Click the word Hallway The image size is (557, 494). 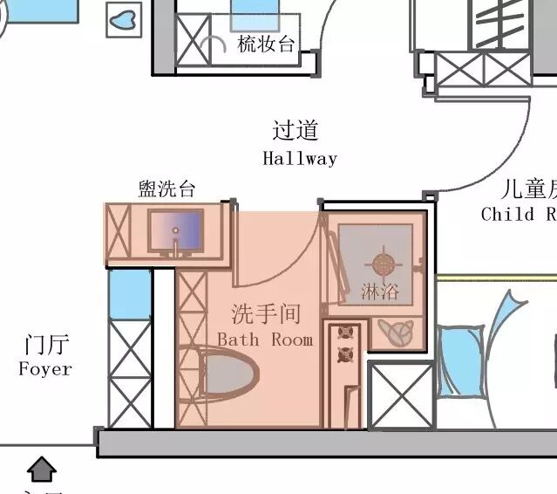(299, 159)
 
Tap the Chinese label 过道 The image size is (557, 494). (295, 131)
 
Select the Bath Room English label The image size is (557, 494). (264, 340)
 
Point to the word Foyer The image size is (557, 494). (45, 369)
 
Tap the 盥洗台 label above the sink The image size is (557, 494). (166, 189)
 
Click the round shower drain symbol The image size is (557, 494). (384, 262)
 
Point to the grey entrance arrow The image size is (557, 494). (41, 470)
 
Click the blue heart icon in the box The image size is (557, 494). (124, 19)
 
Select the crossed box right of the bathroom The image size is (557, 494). (401, 395)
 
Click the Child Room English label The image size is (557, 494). (518, 214)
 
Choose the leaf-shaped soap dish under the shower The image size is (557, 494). (397, 333)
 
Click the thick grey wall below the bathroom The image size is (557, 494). (323, 443)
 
